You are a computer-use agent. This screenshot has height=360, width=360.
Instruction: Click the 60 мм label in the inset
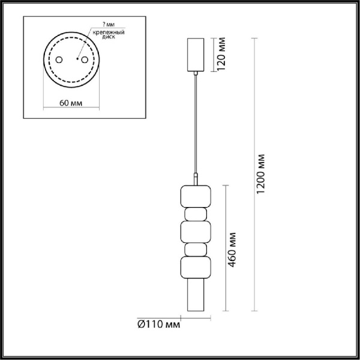71,103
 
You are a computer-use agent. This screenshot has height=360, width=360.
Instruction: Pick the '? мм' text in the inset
109,24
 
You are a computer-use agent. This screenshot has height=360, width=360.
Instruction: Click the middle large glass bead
195,232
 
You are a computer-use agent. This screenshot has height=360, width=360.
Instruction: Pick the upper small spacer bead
195,214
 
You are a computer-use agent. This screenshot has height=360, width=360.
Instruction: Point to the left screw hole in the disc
59,61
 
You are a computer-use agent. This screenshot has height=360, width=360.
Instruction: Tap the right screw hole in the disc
85,61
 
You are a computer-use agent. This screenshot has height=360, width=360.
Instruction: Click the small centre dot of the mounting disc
77,59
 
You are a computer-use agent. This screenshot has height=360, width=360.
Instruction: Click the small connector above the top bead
196,178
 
